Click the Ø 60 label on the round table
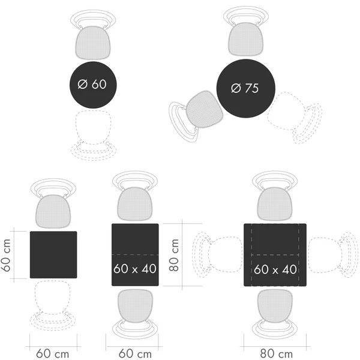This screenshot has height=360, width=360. [x=92, y=85]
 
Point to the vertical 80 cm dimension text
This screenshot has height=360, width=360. [x=175, y=253]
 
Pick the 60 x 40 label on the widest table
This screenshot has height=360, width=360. [x=275, y=269]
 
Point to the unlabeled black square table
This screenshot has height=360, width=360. [x=54, y=254]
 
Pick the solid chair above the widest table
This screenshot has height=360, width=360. [x=275, y=198]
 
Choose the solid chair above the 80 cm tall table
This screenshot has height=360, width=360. [x=135, y=198]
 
